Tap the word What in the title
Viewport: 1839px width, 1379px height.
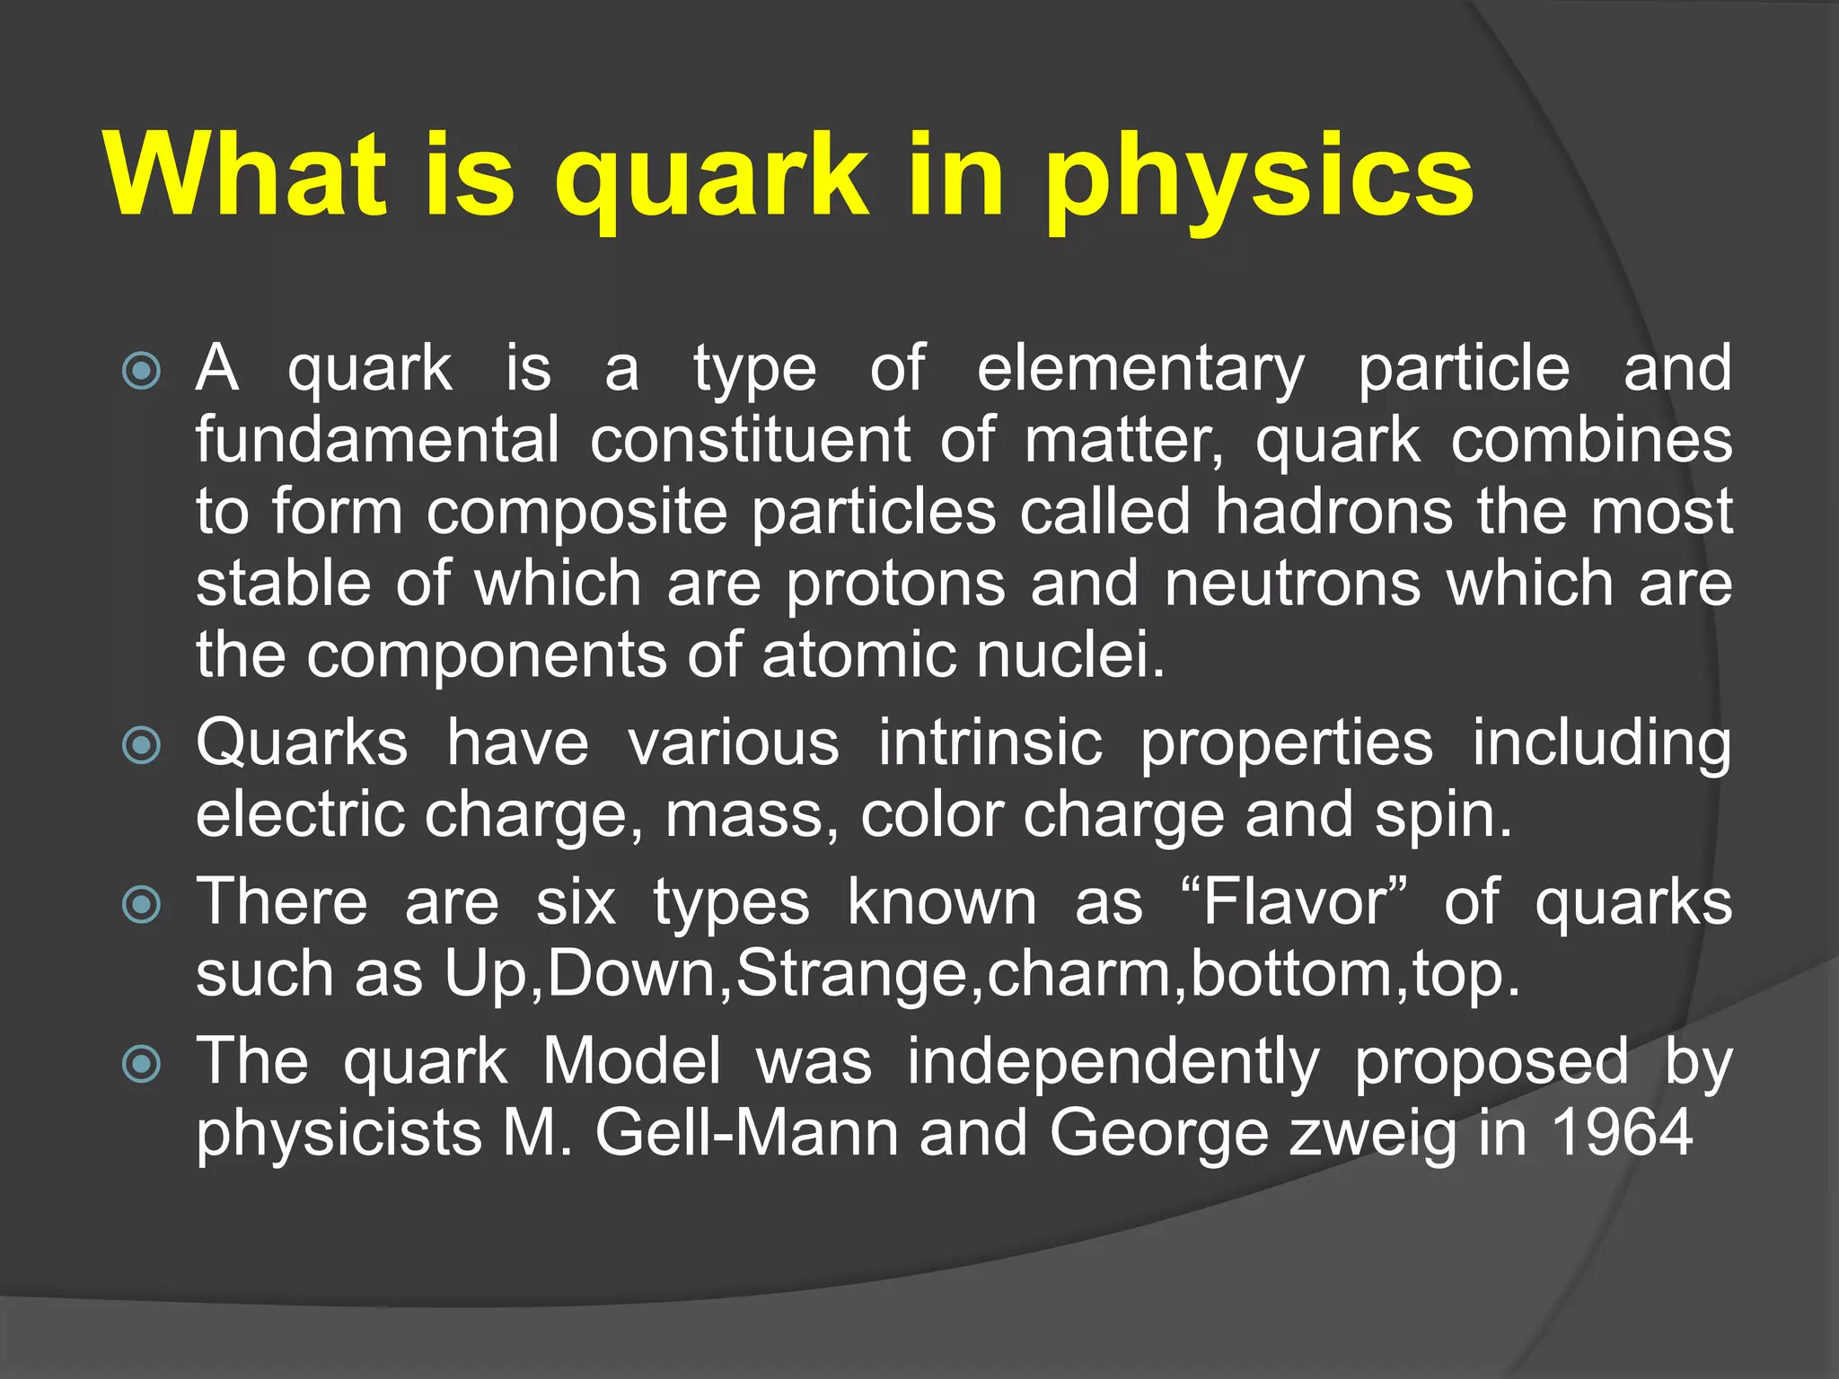[244, 175]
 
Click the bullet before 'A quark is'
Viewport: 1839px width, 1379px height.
[141, 370]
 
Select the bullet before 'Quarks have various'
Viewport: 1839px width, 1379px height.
[141, 745]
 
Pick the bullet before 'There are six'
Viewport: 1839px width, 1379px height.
[141, 904]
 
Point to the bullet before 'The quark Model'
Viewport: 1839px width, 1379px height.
[141, 1065]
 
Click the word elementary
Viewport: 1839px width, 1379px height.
[1140, 370]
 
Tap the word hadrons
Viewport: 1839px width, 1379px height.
[1333, 512]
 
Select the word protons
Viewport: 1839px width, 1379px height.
[895, 584]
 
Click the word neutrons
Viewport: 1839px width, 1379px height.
[1292, 584]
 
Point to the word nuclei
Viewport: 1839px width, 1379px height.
[1069, 655]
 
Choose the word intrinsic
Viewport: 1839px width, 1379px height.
[990, 744]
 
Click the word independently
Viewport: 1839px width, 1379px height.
[1113, 1063]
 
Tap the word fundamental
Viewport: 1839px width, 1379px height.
[377, 440]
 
